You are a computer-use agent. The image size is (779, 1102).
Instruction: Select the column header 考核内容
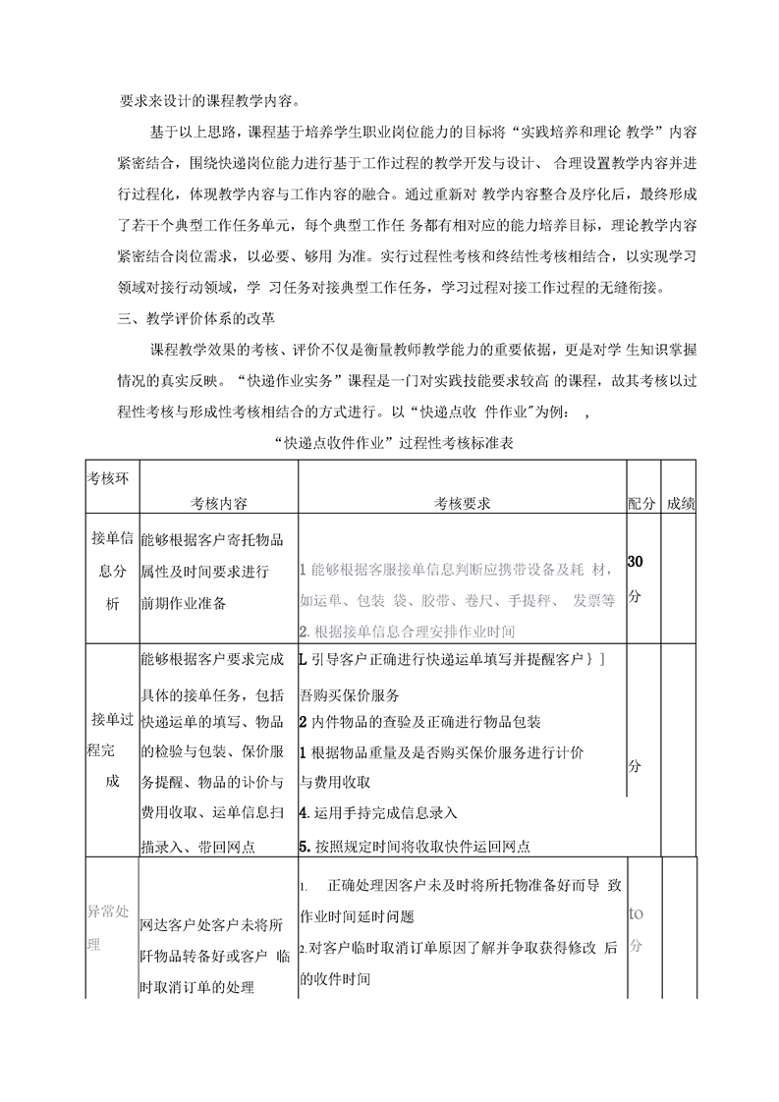click(x=218, y=503)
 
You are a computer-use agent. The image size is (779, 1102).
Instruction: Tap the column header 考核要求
click(x=463, y=503)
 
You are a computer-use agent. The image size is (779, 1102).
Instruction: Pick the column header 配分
click(x=641, y=503)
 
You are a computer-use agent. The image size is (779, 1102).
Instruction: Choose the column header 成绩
click(x=681, y=503)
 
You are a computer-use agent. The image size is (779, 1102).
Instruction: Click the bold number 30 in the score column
click(x=636, y=562)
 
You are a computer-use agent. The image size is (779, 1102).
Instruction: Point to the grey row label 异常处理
click(x=108, y=927)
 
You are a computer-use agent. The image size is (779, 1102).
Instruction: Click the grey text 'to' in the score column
click(x=636, y=912)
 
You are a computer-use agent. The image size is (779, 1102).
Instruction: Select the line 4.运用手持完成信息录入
click(x=377, y=813)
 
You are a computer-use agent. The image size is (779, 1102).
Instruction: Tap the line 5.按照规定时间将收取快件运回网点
click(x=415, y=845)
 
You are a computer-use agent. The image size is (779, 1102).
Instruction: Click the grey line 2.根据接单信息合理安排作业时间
click(x=407, y=631)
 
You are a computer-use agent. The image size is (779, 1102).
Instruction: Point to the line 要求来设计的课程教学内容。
click(x=207, y=101)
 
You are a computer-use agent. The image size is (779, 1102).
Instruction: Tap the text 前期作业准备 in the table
click(x=184, y=603)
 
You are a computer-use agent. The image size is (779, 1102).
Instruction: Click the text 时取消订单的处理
click(x=196, y=986)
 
